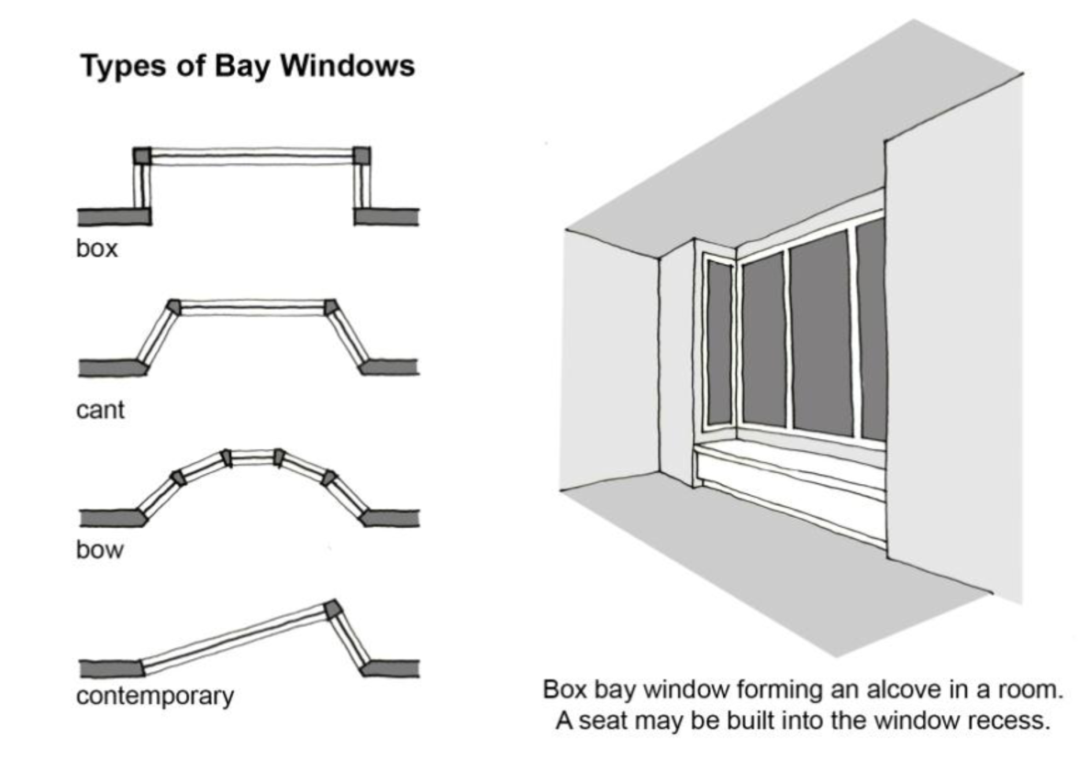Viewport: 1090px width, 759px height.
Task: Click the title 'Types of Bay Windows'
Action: [247, 67]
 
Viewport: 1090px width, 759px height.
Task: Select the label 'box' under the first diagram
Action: [96, 248]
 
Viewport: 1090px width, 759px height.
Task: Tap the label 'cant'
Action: [100, 410]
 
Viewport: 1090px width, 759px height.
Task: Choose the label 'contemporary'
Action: [154, 696]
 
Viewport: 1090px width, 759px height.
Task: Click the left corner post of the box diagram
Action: [142, 156]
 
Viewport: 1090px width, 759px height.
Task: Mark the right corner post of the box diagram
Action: [362, 156]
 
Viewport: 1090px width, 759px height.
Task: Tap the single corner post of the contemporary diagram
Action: [333, 610]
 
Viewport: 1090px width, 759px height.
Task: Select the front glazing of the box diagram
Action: [252, 157]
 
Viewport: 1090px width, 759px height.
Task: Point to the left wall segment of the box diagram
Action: [113, 216]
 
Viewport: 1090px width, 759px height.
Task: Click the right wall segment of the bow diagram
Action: [391, 518]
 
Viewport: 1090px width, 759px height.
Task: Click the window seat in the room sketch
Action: [789, 463]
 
